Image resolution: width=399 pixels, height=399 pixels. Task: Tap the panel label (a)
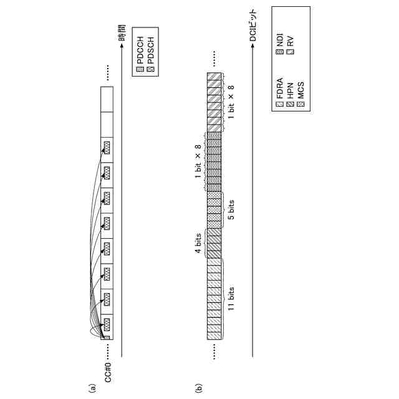[94, 388]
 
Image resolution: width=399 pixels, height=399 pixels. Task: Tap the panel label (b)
[198, 388]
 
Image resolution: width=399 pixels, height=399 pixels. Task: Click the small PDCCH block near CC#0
[105, 339]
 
